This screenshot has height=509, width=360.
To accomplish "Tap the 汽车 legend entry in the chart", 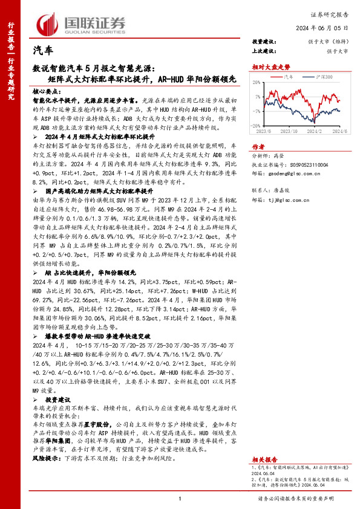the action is [x=289, y=77].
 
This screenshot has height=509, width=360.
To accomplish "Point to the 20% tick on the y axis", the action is [x=258, y=82].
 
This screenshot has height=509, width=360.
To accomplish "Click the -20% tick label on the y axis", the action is [x=257, y=126].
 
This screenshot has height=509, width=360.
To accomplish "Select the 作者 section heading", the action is [x=258, y=146].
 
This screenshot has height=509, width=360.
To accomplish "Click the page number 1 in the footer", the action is [x=180, y=499].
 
